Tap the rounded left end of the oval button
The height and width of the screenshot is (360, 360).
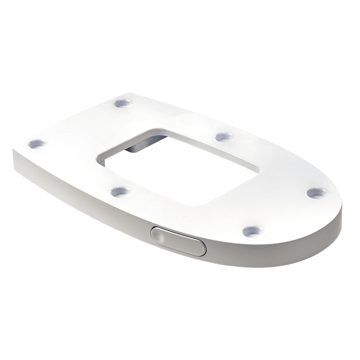[x=155, y=234]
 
